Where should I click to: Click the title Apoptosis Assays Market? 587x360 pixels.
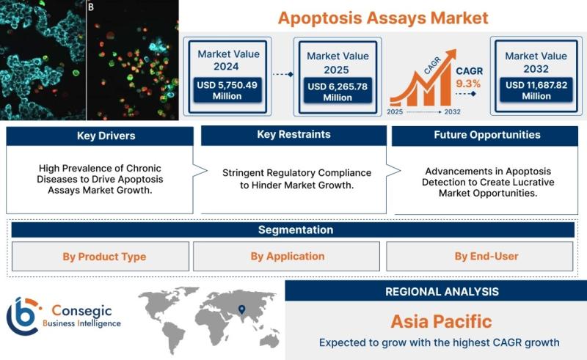pyautogui.click(x=383, y=18)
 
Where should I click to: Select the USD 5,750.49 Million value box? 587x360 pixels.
pyautogui.click(x=227, y=90)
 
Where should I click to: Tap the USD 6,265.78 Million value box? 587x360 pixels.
pyautogui.click(x=338, y=92)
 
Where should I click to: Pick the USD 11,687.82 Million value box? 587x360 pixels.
pyautogui.click(x=536, y=90)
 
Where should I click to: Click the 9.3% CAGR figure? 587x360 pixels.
pyautogui.click(x=468, y=84)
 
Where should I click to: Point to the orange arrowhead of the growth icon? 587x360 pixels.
pyautogui.click(x=451, y=54)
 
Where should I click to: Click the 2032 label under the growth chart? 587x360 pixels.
pyautogui.click(x=452, y=112)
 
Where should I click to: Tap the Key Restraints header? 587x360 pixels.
pyautogui.click(x=294, y=135)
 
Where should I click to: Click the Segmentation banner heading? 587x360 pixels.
pyautogui.click(x=296, y=229)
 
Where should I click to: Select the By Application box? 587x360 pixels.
pyautogui.click(x=286, y=256)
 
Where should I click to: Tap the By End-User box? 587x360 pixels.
pyautogui.click(x=480, y=256)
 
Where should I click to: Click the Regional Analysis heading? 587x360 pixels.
pyautogui.click(x=442, y=292)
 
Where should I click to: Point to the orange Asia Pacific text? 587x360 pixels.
pyautogui.click(x=442, y=322)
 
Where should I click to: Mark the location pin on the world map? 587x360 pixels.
pyautogui.click(x=242, y=309)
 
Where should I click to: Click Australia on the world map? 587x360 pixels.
pyautogui.click(x=269, y=340)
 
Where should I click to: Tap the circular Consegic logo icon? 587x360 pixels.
pyautogui.click(x=23, y=316)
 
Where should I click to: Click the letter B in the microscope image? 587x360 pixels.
pyautogui.click(x=91, y=7)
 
